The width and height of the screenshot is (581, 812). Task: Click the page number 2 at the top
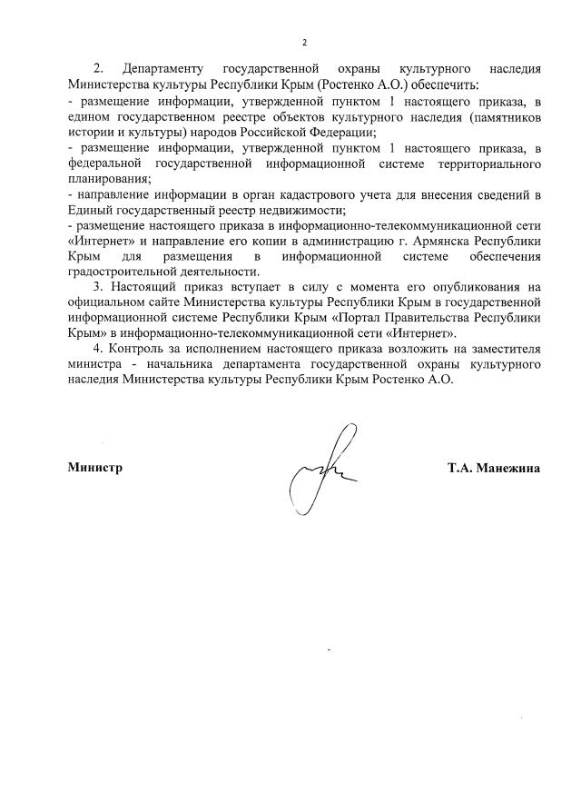click(x=305, y=43)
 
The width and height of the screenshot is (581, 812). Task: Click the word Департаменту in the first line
click(x=162, y=69)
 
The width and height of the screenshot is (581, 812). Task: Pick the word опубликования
click(x=468, y=287)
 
